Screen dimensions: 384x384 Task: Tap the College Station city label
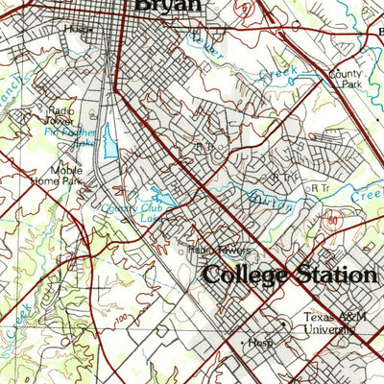pyautogui.click(x=289, y=275)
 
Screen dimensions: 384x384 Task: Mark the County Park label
pyautogui.click(x=343, y=79)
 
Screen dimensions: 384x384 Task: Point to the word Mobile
pyautogui.click(x=66, y=170)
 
